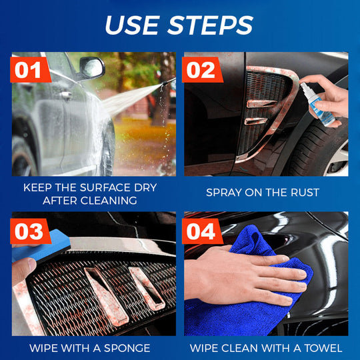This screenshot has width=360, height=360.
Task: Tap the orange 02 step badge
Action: click(203, 70)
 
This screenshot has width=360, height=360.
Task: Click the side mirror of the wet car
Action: click(91, 67)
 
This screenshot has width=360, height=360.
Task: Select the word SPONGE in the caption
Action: click(127, 348)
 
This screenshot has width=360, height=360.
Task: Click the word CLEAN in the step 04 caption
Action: click(245, 348)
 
